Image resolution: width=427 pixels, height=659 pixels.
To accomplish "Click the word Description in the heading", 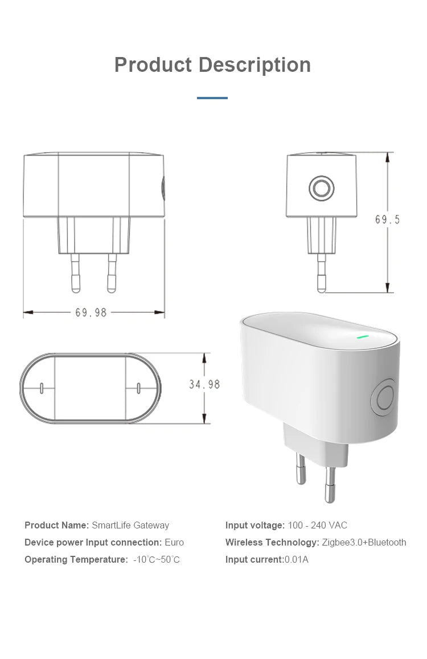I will point(254,65).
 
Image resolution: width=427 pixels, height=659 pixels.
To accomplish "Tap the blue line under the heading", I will point(212,98).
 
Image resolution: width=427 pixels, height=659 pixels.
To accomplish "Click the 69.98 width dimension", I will point(91,312).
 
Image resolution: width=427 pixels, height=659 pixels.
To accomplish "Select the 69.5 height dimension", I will point(388,219).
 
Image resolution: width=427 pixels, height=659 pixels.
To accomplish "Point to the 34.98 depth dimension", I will point(204,385).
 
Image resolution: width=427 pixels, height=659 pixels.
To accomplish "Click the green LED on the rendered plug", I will point(362,336).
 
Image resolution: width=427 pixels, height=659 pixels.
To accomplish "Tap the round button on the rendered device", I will point(384,397).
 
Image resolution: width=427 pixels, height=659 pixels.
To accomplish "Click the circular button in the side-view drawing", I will point(321,188).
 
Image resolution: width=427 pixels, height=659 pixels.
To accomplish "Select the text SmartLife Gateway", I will point(130,525).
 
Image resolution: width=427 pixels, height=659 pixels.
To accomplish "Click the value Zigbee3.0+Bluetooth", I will point(364,542).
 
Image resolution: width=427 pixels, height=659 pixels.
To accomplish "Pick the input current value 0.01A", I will point(296,559).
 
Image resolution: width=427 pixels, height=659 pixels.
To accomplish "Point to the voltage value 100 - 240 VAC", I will point(317,525).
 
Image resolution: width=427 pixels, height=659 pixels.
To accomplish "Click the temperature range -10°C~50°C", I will point(157,559).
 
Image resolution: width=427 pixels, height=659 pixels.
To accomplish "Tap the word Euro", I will point(174,542).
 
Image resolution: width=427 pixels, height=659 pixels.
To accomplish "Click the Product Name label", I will point(56,525).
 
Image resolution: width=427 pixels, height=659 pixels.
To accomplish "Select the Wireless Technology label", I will point(272,542).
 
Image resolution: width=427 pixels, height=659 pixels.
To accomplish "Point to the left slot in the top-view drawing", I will point(42,389).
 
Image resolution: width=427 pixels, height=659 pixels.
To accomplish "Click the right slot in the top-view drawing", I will point(138,389).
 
